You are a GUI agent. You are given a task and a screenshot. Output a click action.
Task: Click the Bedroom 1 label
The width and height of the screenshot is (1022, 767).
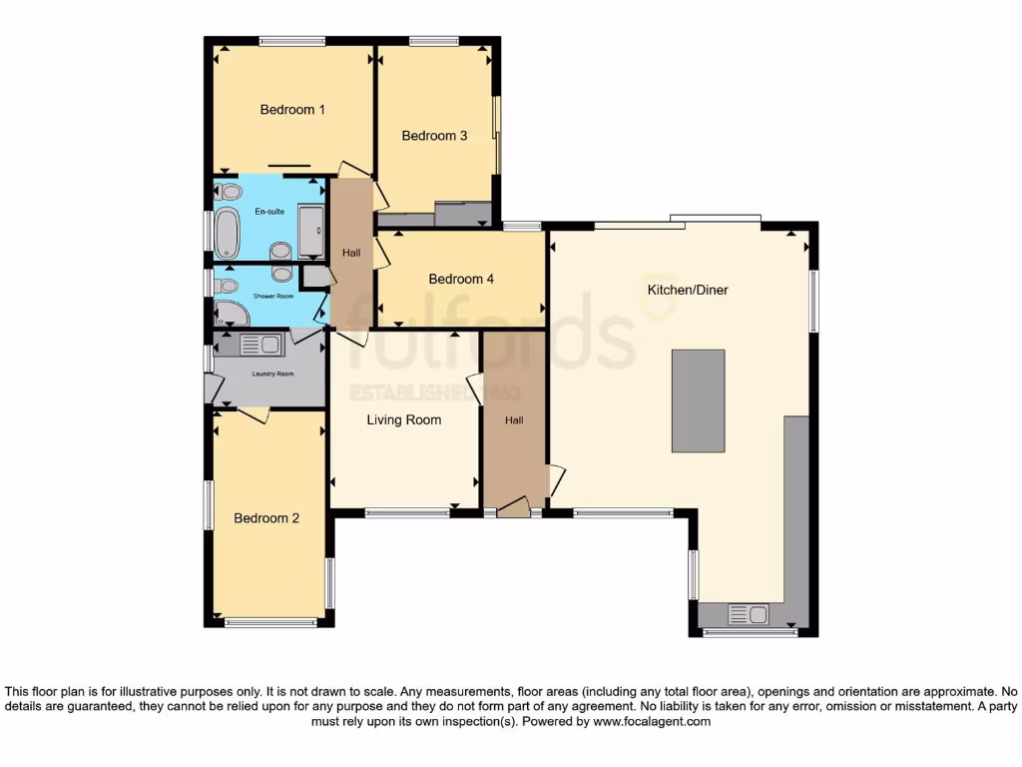292,110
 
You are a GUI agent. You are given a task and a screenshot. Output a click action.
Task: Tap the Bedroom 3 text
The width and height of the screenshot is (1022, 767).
434,136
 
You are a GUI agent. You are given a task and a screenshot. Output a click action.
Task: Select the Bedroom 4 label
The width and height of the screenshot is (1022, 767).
461,280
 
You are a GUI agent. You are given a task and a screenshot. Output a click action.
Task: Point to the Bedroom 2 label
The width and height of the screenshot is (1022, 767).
266,518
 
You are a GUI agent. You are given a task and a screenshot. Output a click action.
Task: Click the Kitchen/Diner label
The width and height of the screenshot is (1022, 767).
688,291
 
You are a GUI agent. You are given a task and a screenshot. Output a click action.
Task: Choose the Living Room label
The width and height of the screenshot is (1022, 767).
403,420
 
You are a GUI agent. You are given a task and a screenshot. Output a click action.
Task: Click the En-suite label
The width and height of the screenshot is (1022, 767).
268,211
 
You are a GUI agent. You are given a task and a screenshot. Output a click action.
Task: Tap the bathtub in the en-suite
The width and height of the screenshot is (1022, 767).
228,235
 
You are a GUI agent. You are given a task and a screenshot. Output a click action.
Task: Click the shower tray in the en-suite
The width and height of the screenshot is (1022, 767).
312,234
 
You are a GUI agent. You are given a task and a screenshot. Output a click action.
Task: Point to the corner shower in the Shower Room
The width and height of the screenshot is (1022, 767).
230,314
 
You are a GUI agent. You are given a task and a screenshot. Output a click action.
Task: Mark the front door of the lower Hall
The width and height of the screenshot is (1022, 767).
514,509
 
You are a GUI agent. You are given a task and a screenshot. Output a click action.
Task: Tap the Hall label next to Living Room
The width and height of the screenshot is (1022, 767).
514,420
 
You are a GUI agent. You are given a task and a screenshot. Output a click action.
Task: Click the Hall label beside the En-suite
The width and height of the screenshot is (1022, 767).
351,254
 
